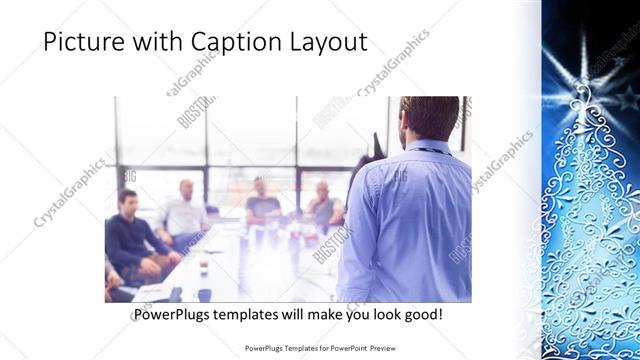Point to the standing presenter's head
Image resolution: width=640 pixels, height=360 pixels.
421,118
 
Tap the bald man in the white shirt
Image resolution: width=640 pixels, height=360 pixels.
184,211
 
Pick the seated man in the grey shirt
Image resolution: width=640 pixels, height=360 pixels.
323,205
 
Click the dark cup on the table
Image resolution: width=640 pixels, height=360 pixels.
202,266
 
